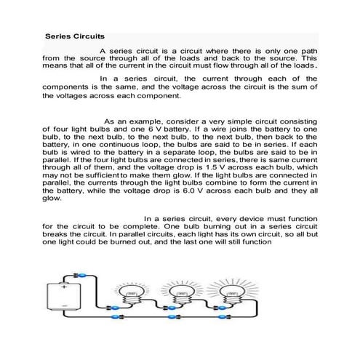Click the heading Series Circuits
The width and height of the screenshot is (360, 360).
coord(74,35)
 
